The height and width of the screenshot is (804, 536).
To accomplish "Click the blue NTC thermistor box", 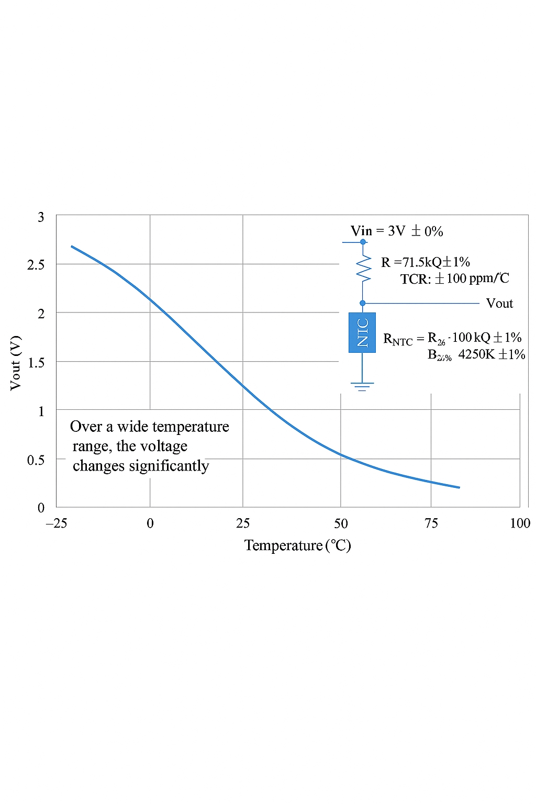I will click(x=362, y=332).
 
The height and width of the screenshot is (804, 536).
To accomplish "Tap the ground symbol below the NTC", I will click(x=362, y=386).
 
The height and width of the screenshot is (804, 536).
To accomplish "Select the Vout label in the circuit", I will click(x=499, y=304).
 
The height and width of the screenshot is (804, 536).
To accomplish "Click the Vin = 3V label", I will click(x=396, y=231).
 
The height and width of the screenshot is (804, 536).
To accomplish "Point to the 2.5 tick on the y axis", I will click(x=36, y=265).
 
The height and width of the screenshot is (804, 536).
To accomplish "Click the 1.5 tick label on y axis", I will click(x=36, y=362).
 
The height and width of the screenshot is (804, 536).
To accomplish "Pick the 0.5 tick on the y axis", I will click(x=36, y=460).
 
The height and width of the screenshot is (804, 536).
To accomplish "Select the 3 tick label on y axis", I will click(x=41, y=217).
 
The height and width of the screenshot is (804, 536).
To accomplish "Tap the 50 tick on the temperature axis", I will click(x=341, y=523).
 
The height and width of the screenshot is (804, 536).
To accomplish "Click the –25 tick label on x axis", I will click(x=57, y=523).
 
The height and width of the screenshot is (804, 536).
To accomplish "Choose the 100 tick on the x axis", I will click(x=520, y=523).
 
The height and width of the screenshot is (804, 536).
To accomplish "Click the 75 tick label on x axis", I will click(x=431, y=523).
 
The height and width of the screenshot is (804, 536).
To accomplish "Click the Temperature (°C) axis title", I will click(x=297, y=545).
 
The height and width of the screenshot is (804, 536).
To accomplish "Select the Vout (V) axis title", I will click(x=16, y=363).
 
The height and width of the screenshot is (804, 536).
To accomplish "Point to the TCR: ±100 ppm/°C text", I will click(x=454, y=278).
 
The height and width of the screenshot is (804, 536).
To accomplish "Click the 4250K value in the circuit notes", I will click(x=476, y=354).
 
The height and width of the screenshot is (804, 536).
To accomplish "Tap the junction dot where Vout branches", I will click(x=362, y=303).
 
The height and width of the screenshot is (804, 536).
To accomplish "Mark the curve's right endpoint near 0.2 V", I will click(x=459, y=487).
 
